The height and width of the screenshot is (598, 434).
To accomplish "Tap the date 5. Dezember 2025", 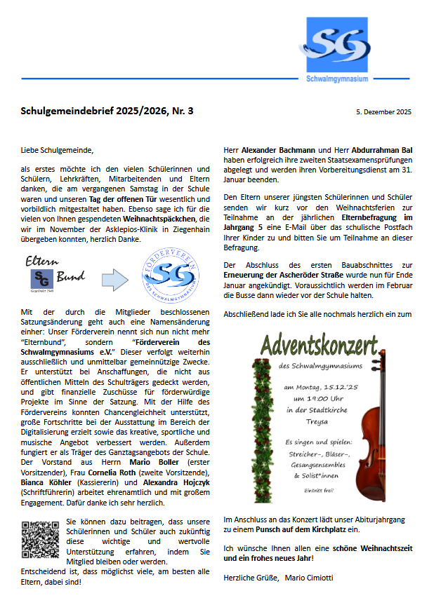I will [383, 111].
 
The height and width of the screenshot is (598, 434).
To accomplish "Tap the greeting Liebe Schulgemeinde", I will [56, 149].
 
